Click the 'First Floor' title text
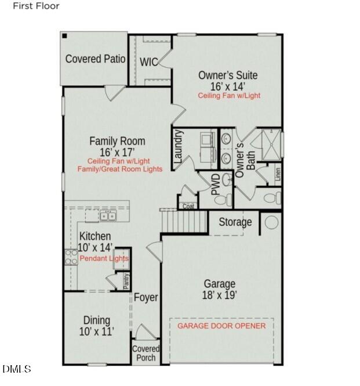37,6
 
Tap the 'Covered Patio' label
96,59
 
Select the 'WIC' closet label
148,62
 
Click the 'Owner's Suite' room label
228,75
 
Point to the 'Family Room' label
117,141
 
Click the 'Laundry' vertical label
179,146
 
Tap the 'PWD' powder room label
214,185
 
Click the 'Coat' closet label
188,206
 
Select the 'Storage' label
235,222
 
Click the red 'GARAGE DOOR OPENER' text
221,326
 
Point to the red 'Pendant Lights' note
104,258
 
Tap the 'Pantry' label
126,280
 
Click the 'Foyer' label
146,298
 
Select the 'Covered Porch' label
146,353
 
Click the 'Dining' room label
96,320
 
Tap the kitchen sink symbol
107,217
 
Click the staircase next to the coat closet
184,221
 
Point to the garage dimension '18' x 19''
220,295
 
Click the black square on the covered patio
65,36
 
